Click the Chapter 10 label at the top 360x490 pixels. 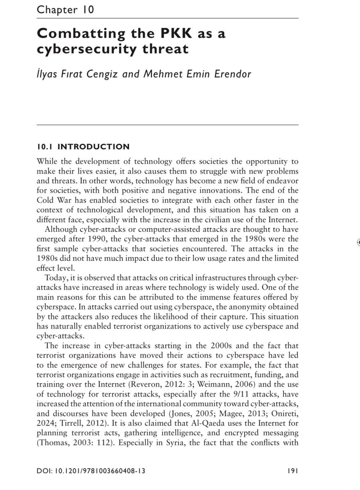pos(65,10)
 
